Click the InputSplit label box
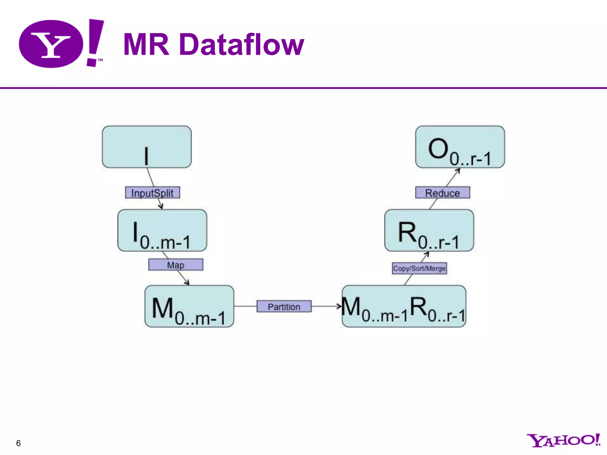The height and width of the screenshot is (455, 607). [x=152, y=193]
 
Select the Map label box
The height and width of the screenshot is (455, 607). [x=176, y=265]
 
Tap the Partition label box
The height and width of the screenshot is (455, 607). [x=284, y=306]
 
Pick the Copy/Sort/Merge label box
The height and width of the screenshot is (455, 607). [x=419, y=268]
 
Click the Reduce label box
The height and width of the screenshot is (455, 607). [x=443, y=193]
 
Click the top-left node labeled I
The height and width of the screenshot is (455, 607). [x=147, y=147]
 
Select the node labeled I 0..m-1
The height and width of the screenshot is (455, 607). [x=162, y=230]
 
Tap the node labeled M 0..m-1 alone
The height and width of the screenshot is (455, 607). [x=189, y=306]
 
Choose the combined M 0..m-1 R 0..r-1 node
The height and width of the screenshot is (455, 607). [x=404, y=306]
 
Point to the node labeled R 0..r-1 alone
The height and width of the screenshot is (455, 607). [x=429, y=230]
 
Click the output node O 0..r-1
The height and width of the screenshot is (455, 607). [x=460, y=147]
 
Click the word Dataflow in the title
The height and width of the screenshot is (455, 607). [x=242, y=44]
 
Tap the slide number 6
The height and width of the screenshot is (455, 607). [x=18, y=443]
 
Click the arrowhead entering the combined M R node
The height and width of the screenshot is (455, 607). [x=339, y=306]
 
